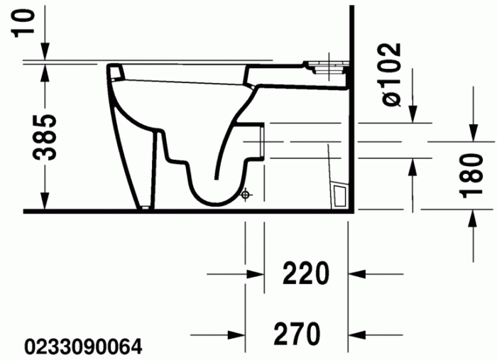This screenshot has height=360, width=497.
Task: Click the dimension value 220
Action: (306, 273)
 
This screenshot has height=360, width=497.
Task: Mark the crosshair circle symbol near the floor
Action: (245, 193)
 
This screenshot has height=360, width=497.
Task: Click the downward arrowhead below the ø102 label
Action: (413, 113)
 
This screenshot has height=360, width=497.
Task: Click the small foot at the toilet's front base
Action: (145, 207)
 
